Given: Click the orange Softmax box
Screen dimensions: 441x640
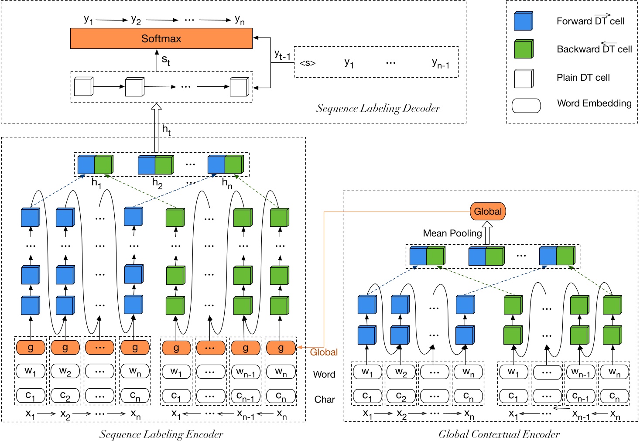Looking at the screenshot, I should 161,38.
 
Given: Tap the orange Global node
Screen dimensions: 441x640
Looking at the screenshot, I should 487,212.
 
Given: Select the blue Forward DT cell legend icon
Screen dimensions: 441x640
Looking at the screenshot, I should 523,21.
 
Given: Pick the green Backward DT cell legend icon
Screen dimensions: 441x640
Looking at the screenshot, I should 523,49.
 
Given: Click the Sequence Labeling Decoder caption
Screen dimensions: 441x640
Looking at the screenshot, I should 378,109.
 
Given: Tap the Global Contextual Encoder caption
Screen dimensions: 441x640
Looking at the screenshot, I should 499,434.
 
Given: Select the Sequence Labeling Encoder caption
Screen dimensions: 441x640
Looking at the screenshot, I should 161,434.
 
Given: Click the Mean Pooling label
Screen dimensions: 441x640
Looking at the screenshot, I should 452,233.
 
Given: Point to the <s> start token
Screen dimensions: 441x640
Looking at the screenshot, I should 308,63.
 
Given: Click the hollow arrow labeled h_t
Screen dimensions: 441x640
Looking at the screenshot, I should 156,128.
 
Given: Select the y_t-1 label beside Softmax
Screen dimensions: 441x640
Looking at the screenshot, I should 282,55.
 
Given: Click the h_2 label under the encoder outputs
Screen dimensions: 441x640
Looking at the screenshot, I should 157,183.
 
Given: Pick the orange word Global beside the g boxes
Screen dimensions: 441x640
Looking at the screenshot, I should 324,352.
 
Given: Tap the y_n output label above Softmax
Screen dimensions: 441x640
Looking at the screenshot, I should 240,20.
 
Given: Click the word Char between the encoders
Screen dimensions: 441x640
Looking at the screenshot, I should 325,399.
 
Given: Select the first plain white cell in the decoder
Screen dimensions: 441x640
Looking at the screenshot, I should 83,87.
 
